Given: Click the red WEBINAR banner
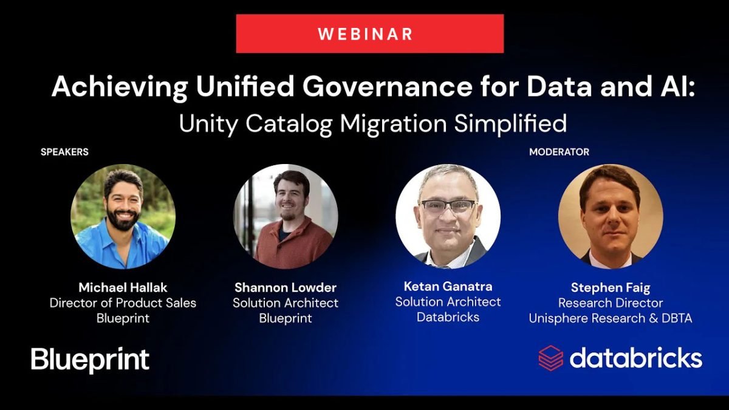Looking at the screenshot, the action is pyautogui.click(x=370, y=33).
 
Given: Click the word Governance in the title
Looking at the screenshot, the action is pyautogui.click(x=388, y=86).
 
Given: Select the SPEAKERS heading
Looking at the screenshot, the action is pyautogui.click(x=64, y=152).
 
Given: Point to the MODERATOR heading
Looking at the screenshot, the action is pyautogui.click(x=559, y=152).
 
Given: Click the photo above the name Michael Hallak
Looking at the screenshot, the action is pyautogui.click(x=123, y=216).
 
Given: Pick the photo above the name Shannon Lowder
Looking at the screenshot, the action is pyautogui.click(x=286, y=216).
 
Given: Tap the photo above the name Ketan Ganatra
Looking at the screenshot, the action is pyautogui.click(x=448, y=216).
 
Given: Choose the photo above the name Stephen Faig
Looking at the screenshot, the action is pyautogui.click(x=611, y=216).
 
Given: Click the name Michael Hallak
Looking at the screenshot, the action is pyautogui.click(x=123, y=288).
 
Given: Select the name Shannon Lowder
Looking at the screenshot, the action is pyautogui.click(x=286, y=288).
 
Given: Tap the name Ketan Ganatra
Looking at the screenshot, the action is pyautogui.click(x=448, y=286).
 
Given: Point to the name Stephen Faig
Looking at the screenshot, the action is pyautogui.click(x=611, y=288).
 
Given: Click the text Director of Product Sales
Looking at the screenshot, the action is pyautogui.click(x=123, y=303).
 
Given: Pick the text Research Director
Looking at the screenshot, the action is pyautogui.click(x=611, y=303).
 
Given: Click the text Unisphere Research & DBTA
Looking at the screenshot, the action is pyautogui.click(x=611, y=318).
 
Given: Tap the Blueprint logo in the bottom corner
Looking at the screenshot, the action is pyautogui.click(x=90, y=360).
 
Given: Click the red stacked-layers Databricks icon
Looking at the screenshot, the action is pyautogui.click(x=550, y=358).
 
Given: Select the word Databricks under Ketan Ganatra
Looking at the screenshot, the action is pyautogui.click(x=448, y=317).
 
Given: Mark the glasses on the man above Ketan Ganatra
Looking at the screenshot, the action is pyautogui.click(x=448, y=207).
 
